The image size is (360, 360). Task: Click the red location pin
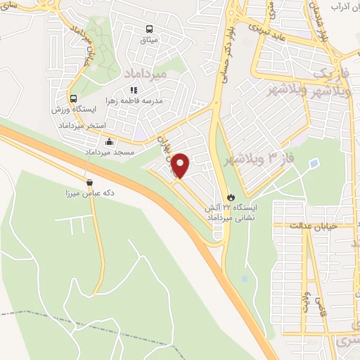point(181,165)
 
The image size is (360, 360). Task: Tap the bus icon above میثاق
point(149,30)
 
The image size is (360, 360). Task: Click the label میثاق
point(149,41)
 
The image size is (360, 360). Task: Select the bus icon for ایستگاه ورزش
point(73,98)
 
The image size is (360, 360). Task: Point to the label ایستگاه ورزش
point(70,110)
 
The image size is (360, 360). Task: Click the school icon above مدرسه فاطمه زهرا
point(134,90)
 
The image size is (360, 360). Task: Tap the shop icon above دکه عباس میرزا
point(88,181)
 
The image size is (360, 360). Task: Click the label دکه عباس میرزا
point(89,191)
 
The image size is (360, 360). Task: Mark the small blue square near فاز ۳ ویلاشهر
point(313,164)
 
